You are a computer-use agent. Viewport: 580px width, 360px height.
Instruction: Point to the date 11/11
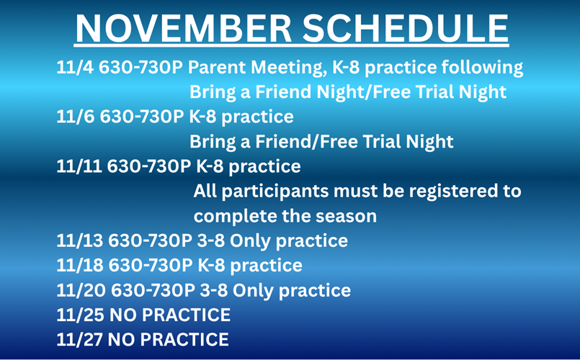click(78, 166)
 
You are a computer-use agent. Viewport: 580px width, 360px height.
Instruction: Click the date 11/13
click(79, 240)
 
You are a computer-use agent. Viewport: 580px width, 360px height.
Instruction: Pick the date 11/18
click(79, 265)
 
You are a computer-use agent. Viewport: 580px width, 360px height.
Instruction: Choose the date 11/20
click(79, 290)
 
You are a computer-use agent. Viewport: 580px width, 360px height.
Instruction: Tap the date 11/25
click(79, 315)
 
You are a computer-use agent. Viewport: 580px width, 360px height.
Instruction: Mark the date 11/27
click(79, 339)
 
